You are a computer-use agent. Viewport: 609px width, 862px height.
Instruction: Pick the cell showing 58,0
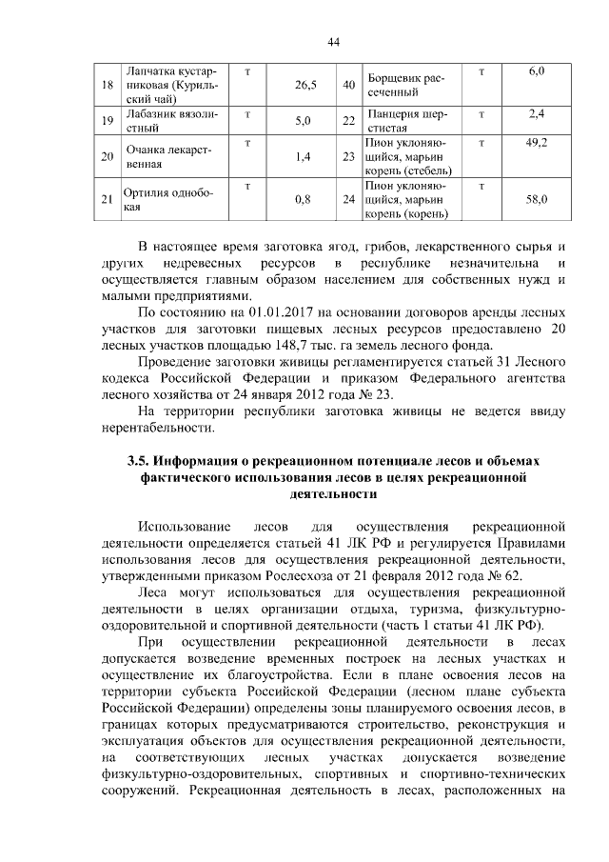pos(537,199)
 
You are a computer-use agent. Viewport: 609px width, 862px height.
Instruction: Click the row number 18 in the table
pos(107,85)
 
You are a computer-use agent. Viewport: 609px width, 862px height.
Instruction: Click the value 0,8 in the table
pos(304,199)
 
